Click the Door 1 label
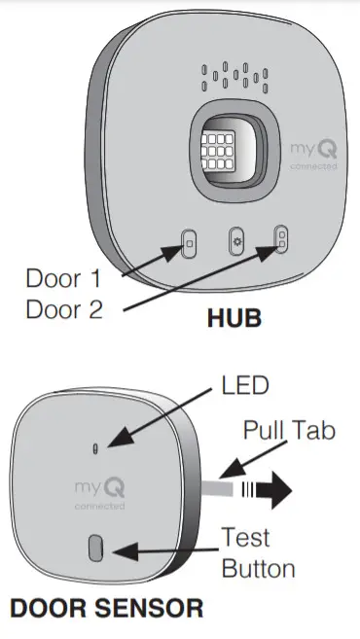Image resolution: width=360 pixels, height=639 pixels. coord(63,278)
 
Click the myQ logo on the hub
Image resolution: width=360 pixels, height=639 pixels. coord(312,150)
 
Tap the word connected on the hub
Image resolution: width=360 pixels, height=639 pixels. coord(313,167)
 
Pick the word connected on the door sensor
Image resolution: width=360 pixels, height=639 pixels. coord(98,507)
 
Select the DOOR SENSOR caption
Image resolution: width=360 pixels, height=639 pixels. coord(107,609)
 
